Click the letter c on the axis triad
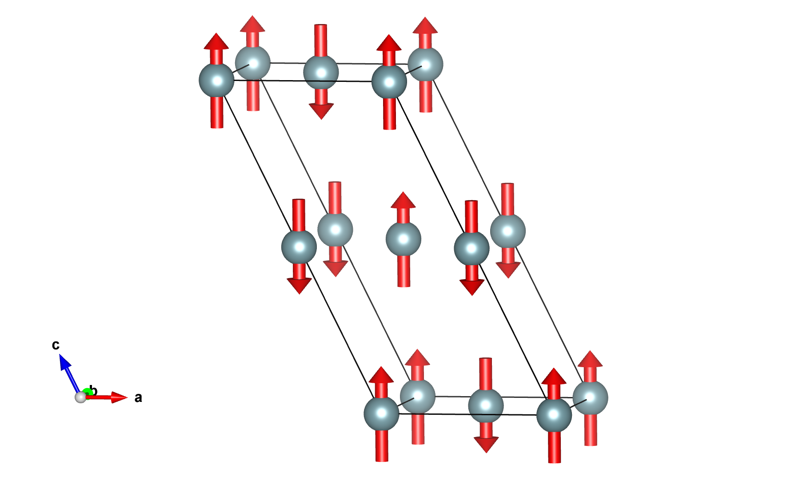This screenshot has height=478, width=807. coord(56,345)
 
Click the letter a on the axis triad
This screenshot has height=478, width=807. coord(138,397)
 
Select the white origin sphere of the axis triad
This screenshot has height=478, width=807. coord(80,397)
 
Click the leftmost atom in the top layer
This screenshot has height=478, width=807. coord(216,81)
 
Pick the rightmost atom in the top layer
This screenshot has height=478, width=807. coord(425,65)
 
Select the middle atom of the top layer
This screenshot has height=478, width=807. coord(321,72)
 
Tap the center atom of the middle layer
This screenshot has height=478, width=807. coord(403,239)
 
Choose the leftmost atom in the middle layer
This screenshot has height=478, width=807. coord(299,247)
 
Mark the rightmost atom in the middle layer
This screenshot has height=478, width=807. coord(507,231)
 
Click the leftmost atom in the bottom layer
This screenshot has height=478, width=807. coord(381,413)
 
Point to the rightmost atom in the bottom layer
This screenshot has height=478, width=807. coord(590,397)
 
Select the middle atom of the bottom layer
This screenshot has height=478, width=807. coord(486,405)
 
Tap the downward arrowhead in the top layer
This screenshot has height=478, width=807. coord(321,111)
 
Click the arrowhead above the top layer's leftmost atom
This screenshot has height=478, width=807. coord(216,41)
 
